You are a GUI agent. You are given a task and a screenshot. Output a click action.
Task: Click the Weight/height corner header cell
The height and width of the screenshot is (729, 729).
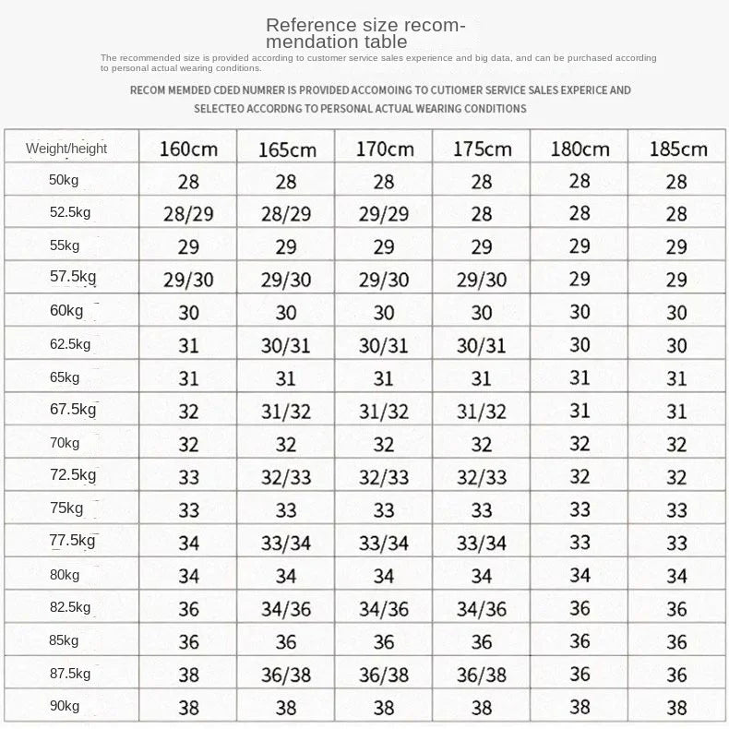[x=66, y=148]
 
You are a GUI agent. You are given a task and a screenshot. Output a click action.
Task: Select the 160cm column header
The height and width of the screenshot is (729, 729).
[x=188, y=148]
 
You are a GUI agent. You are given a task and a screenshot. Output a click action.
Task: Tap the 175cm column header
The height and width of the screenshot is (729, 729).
[x=482, y=148]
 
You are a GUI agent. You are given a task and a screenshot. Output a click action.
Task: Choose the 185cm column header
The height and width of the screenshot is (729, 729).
[x=677, y=148]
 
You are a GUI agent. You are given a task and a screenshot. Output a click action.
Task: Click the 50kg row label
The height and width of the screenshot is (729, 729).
[x=65, y=180]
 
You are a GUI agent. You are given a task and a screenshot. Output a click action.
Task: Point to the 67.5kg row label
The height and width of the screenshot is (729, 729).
[x=72, y=410]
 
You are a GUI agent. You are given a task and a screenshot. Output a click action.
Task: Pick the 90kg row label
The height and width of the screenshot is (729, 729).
[x=65, y=706]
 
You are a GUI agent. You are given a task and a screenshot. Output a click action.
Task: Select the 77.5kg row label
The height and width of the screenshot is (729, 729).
[x=72, y=541]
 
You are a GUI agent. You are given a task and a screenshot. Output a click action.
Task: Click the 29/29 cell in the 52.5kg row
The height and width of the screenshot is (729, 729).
[x=384, y=214]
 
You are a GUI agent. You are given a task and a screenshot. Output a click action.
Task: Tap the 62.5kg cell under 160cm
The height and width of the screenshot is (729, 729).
[x=188, y=345]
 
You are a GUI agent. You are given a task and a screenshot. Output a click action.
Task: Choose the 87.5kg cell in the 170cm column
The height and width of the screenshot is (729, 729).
[x=384, y=675]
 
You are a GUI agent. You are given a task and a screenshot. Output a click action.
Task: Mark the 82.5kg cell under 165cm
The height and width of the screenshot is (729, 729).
[x=286, y=609]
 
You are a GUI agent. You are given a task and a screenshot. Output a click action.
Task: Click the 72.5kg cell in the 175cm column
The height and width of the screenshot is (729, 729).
[x=482, y=478]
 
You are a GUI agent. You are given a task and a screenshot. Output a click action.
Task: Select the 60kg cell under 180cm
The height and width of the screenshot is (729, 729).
[x=580, y=312]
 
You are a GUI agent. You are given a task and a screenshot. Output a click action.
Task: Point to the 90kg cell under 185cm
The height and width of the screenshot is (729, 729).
[x=677, y=708]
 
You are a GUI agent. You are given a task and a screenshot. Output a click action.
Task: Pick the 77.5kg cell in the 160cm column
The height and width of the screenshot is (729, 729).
[x=188, y=544]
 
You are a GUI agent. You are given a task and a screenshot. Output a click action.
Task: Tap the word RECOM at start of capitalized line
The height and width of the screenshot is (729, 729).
[x=148, y=90]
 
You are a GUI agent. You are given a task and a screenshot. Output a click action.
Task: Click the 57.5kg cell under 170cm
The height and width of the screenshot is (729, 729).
[x=384, y=280]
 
